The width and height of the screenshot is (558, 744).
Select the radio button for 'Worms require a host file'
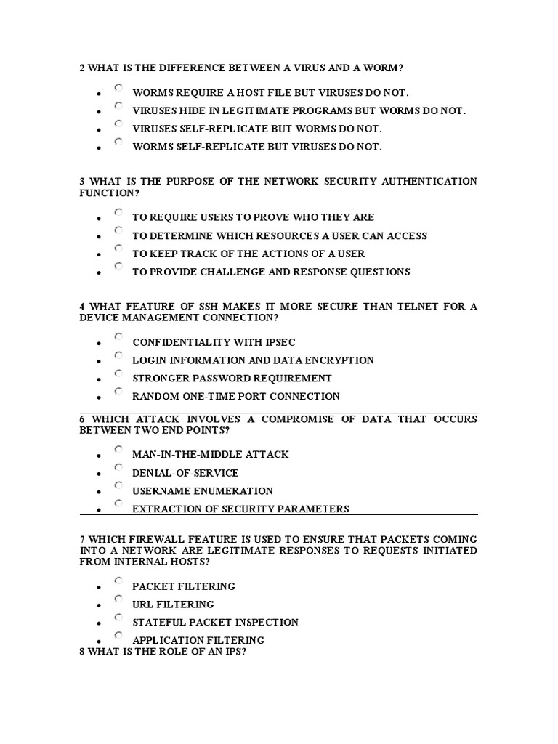coord(118,88)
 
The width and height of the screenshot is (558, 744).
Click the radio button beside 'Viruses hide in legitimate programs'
coord(118,106)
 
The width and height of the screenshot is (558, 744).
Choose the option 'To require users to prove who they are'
coord(118,212)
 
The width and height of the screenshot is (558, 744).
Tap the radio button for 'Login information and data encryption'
coord(118,355)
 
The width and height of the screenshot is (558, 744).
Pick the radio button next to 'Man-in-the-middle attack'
coord(118,450)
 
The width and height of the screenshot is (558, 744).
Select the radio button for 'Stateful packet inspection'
coord(118,618)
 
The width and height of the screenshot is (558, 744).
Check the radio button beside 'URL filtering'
coord(118,599)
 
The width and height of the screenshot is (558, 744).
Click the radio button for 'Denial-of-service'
coord(118,468)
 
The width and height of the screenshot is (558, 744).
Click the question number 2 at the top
coord(82,68)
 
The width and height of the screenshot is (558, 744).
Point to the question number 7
coord(82,539)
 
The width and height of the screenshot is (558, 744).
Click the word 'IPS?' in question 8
coord(235,651)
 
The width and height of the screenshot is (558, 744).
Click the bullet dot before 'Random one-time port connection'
coord(97,398)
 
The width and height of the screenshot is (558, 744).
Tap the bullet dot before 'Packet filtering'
coord(97,587)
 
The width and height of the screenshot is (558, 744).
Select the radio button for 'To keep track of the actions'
coord(118,249)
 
